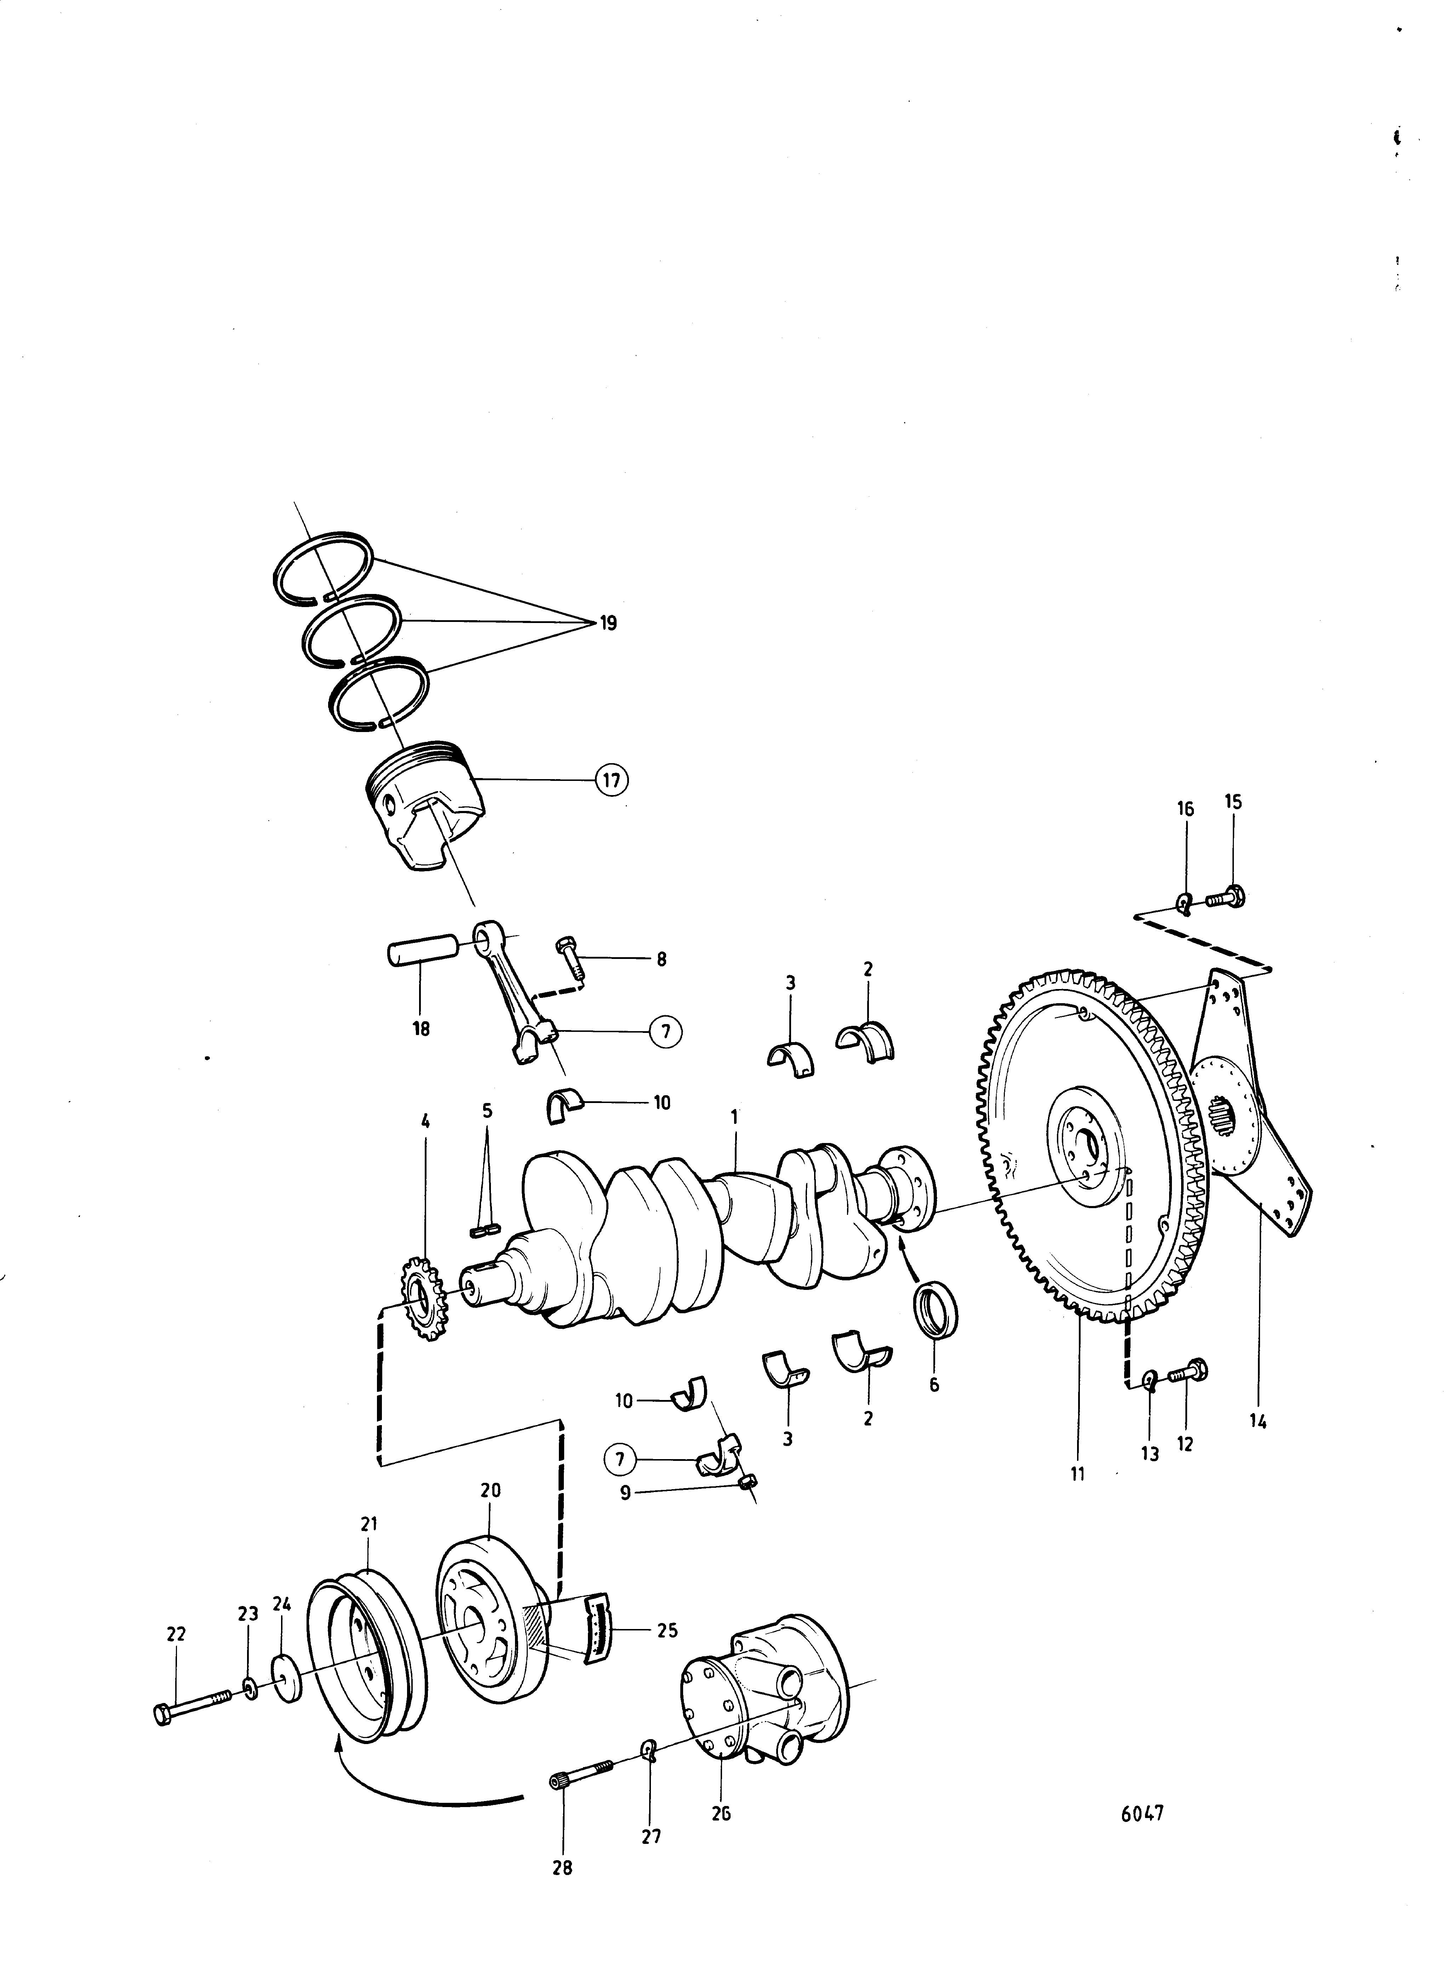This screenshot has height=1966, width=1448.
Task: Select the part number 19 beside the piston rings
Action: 608,623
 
